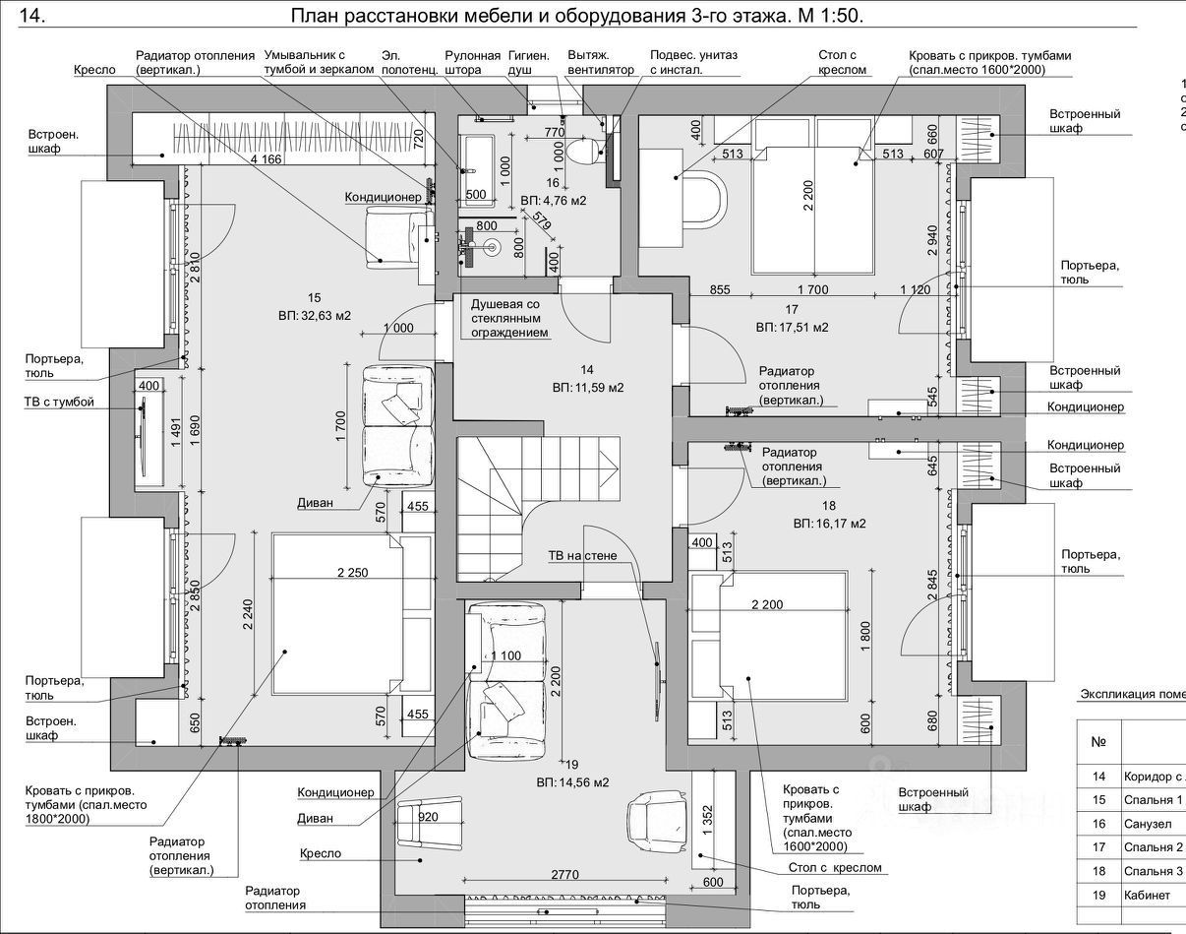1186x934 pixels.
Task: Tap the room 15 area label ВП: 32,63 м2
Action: tap(314, 316)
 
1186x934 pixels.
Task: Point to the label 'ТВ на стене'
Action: tap(582, 556)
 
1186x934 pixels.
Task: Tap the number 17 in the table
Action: tap(1098, 847)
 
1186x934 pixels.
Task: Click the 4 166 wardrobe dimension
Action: tap(266, 159)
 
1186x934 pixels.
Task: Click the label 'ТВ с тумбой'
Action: tap(59, 403)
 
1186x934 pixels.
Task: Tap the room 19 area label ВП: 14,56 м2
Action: tap(572, 782)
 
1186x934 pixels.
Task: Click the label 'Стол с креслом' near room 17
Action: tap(843, 63)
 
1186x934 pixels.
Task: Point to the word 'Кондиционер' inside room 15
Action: tap(383, 197)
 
